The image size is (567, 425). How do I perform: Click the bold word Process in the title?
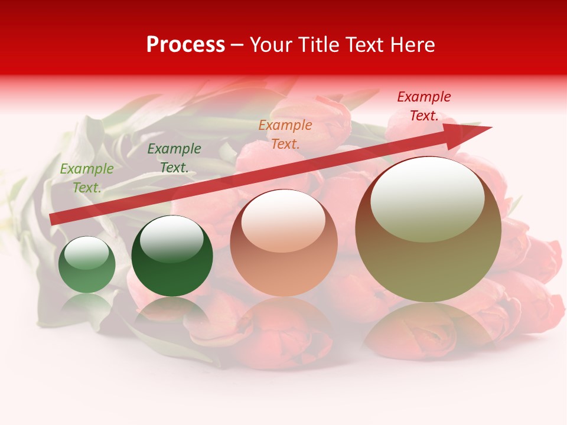[185, 45]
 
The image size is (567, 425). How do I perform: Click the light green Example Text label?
[87, 178]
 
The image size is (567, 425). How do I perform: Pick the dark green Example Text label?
[174, 158]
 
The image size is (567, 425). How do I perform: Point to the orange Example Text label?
[285, 134]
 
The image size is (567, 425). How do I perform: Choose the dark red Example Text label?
[424, 106]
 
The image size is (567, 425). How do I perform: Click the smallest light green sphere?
[87, 264]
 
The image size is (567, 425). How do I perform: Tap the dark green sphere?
[172, 256]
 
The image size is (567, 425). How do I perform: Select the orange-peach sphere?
[283, 243]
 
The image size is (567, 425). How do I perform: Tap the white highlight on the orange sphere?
[283, 221]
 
